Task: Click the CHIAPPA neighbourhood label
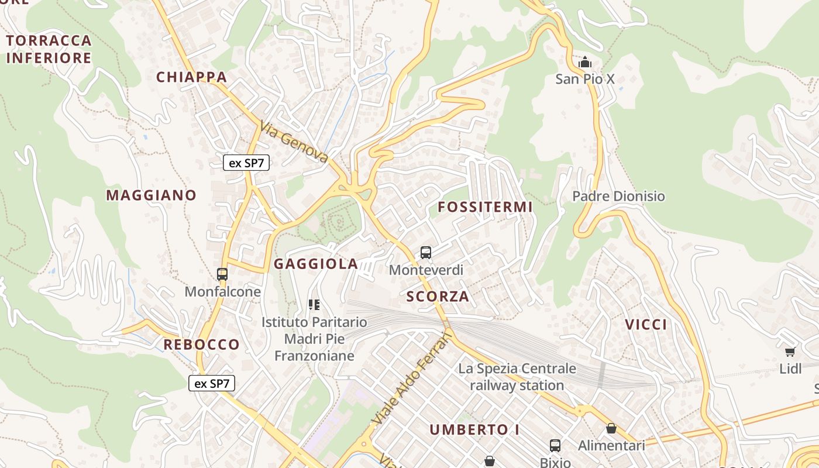191,77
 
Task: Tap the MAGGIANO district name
151,195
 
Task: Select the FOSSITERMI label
485,207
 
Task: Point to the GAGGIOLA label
316,264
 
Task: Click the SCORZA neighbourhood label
438,297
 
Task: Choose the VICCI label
646,325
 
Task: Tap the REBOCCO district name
201,345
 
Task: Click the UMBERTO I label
474,430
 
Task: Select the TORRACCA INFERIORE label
49,49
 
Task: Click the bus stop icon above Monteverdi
426,253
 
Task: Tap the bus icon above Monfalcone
222,274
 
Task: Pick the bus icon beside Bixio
555,446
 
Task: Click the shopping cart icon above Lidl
790,352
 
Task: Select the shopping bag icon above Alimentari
611,428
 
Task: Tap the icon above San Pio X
584,61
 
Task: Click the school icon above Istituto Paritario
314,305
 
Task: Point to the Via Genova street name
294,142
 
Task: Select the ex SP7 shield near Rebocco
212,384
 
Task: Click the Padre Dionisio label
618,196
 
